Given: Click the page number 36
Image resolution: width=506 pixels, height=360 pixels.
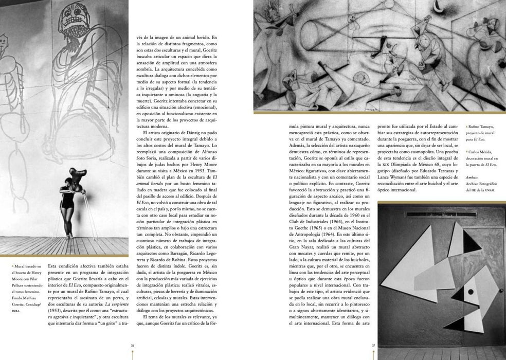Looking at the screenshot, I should click(132, 345).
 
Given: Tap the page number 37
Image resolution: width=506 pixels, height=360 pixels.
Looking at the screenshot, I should click(374, 345).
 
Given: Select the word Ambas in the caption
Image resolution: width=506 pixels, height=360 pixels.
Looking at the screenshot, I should click(472, 177).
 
